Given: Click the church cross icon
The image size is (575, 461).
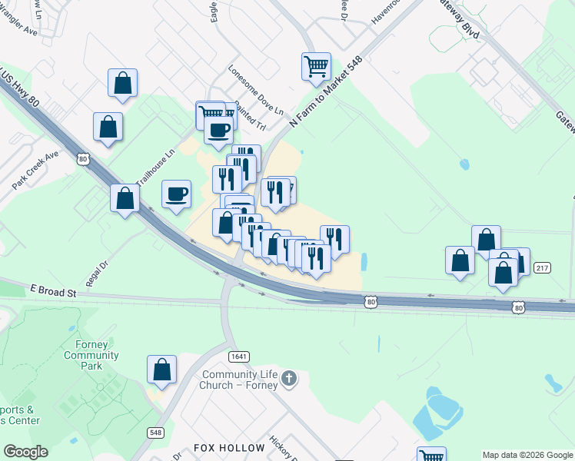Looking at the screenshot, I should click(289, 377).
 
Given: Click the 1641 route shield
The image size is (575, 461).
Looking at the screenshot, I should click(238, 356).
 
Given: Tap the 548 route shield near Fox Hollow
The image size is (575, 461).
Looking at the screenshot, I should click(156, 433).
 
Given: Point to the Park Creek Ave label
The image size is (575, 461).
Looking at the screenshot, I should click(35, 171).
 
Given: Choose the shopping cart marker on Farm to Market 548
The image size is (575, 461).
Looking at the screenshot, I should click(315, 66).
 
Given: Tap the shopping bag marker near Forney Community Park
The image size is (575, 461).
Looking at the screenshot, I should click(162, 369).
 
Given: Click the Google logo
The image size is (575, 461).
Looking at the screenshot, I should click(25, 452).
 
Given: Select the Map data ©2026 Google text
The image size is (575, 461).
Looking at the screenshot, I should click(527, 455).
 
